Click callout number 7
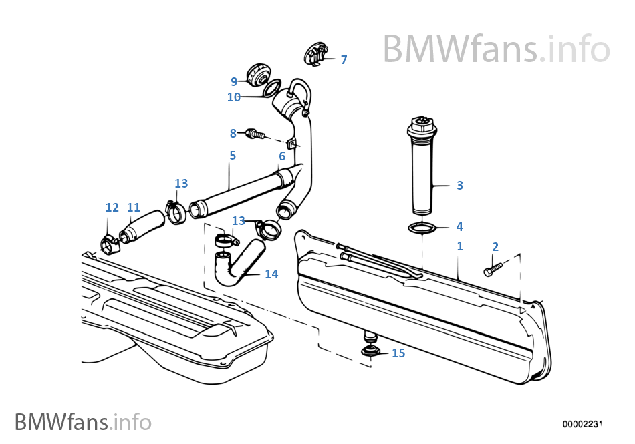coord(344,60)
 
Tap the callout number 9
coord(234,81)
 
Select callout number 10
coord(234,97)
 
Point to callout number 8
coord(233,133)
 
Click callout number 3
coord(460,185)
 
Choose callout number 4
coord(460,226)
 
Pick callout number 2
coord(495,247)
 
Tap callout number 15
coord(398,353)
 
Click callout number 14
coord(271,274)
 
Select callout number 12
coord(112,208)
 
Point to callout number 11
coord(134,208)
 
